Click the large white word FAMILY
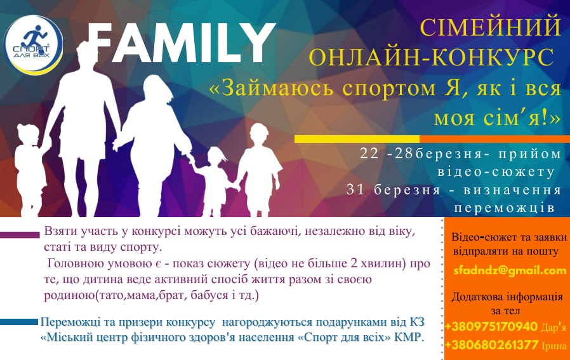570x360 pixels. click(x=181, y=43)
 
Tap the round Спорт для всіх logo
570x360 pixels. click(x=33, y=44)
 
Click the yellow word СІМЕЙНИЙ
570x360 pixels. click(x=491, y=27)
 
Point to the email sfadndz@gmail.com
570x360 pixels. click(x=510, y=270)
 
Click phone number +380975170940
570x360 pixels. click(x=491, y=326)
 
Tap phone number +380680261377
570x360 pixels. click(x=491, y=345)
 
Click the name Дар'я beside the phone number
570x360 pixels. click(x=553, y=328)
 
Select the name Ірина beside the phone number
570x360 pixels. click(x=554, y=346)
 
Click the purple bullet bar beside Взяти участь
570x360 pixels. click(x=20, y=235)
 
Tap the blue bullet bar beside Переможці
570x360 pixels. click(x=19, y=322)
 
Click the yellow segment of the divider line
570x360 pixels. click(x=357, y=139)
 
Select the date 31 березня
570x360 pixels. click(x=393, y=190)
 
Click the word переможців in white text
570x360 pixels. click(x=504, y=208)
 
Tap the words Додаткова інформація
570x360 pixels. click(x=507, y=297)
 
